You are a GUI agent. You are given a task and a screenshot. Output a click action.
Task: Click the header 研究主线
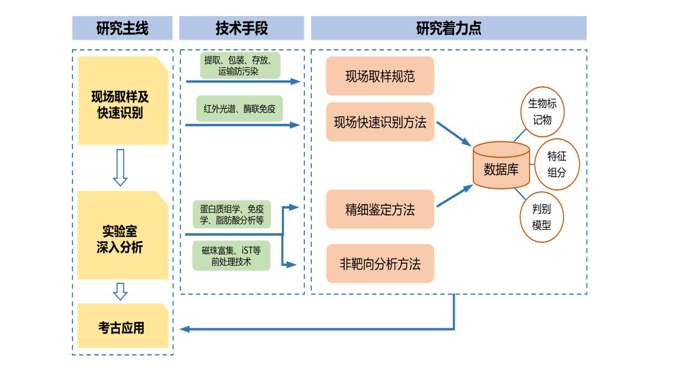122,28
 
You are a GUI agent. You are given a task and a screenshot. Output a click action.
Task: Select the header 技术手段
242,28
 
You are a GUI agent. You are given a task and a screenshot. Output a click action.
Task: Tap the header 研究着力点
449,28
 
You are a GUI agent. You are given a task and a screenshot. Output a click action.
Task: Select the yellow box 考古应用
123,327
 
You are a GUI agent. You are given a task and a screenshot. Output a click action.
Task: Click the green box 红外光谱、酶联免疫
239,109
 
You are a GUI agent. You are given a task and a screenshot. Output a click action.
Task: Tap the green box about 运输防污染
239,65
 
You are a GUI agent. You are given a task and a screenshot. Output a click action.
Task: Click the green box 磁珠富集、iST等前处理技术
232,256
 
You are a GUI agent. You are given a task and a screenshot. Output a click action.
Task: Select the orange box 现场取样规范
380,76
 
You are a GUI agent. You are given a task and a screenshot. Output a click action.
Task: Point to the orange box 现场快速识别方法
380,122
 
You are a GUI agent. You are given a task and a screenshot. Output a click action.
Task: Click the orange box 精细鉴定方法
380,209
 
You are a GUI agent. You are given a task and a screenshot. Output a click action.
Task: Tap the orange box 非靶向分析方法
380,264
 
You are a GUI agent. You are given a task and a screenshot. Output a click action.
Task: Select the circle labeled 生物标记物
542,112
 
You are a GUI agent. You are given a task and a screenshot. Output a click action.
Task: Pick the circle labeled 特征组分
557,164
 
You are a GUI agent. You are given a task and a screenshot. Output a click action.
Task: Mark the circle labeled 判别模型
542,217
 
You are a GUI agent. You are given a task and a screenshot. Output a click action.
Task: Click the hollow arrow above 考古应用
121,291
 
